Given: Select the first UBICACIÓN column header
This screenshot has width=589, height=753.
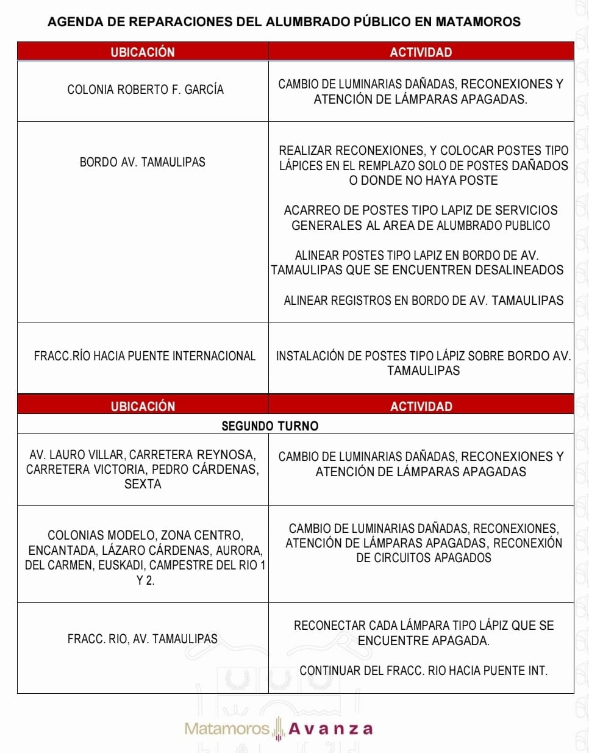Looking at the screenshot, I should [143, 52].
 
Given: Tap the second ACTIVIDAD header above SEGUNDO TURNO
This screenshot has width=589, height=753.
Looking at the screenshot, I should [421, 406].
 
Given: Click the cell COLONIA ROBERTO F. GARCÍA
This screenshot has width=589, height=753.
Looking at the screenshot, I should [145, 90].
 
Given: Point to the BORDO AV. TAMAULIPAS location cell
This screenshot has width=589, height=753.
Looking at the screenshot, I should [142, 162].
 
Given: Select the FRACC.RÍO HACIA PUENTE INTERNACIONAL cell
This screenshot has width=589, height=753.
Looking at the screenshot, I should [145, 355].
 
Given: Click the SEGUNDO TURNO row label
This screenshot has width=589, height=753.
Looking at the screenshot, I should [270, 426].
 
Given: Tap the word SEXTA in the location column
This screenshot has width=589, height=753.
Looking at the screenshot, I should [143, 484].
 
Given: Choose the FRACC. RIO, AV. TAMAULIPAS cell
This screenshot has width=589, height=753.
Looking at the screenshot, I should [142, 639].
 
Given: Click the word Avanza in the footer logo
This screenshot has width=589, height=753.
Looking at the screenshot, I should [330, 729].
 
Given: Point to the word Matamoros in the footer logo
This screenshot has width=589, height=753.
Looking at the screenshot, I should [226, 729].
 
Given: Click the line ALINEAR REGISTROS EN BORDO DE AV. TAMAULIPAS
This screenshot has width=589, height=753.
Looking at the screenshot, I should [423, 300].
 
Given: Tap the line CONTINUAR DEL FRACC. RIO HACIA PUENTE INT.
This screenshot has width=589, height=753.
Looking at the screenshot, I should [423, 671].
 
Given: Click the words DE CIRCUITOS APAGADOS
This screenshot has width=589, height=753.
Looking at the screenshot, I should [423, 558].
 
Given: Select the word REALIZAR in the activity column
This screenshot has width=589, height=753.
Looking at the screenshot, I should [305, 151].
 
